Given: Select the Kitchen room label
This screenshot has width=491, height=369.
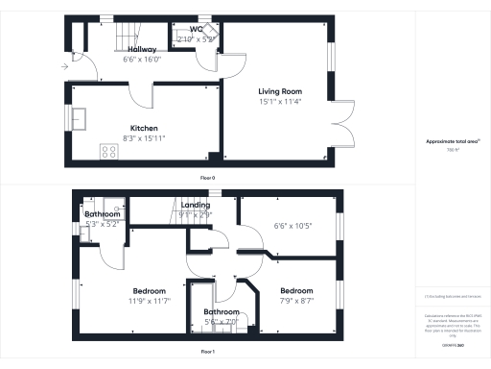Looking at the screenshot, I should [x=144, y=128].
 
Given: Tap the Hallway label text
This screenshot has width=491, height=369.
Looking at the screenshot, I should [x=116, y=49].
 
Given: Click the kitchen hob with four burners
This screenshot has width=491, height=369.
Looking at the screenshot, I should [x=106, y=150].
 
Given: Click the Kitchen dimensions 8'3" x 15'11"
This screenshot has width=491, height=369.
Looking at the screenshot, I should [x=144, y=137].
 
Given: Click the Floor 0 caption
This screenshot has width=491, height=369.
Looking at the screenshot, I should [x=207, y=178].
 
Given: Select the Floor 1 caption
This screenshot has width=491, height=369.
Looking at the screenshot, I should [x=207, y=353].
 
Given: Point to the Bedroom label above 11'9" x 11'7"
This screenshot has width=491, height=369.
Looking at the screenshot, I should [x=149, y=290].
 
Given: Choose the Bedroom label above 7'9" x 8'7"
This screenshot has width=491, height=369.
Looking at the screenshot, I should [x=295, y=290].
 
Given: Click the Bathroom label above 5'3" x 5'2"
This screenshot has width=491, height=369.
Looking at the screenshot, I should [x=102, y=214].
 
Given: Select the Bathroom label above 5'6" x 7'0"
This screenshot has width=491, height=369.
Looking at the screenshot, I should [x=221, y=312].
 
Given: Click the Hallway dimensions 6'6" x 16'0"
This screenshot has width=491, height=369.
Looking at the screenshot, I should [x=116, y=59].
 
